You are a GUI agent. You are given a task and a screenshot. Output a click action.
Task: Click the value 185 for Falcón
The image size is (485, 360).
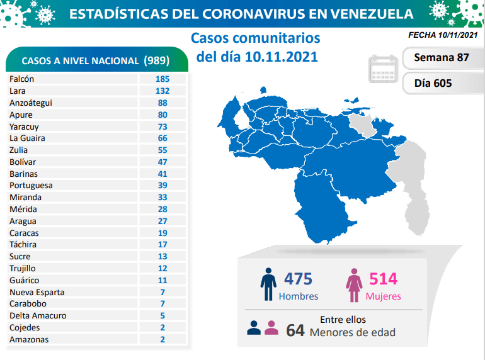click(162, 79)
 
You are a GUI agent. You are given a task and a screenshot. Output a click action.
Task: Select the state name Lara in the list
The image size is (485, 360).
click(18, 91)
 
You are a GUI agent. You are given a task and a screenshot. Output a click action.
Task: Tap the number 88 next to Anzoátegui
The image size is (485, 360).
click(162, 103)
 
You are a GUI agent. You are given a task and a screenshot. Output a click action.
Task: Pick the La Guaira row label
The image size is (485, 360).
click(27, 138)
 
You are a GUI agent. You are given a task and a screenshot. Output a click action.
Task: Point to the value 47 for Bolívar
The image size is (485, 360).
click(162, 162)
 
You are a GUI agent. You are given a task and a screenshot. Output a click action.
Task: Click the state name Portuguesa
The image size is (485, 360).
click(31, 186)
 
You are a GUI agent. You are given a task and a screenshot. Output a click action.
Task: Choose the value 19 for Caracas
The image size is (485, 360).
click(162, 233)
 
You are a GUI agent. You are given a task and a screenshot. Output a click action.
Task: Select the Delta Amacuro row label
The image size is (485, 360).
click(38, 316)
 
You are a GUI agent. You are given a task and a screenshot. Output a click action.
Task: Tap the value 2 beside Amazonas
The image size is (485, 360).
click(162, 339)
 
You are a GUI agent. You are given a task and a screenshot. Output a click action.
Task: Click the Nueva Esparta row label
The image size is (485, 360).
click(37, 292)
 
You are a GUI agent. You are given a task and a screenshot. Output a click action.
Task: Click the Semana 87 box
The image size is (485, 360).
click(441, 58)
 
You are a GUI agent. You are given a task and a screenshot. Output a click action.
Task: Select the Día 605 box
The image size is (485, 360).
click(433, 83)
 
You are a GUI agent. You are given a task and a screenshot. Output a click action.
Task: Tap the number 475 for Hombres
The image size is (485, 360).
click(298, 278)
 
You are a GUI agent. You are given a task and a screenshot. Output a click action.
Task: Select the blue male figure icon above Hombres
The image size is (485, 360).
click(268, 285)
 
